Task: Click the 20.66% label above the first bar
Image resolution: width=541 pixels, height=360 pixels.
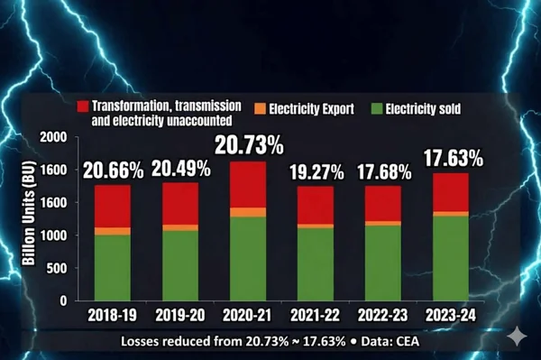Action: (x=112, y=169)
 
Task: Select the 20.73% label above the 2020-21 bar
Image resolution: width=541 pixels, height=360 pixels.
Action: (x=248, y=145)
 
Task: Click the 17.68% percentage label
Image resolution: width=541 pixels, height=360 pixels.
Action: (x=382, y=171)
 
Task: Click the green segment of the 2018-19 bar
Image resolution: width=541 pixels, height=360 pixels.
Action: (x=113, y=268)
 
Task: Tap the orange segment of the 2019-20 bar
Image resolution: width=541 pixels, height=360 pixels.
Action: (x=180, y=227)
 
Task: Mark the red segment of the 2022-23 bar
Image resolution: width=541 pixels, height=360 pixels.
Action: (x=382, y=203)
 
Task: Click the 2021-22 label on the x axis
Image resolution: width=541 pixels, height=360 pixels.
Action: (x=316, y=316)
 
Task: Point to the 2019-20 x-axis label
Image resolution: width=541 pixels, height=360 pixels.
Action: (x=180, y=316)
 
